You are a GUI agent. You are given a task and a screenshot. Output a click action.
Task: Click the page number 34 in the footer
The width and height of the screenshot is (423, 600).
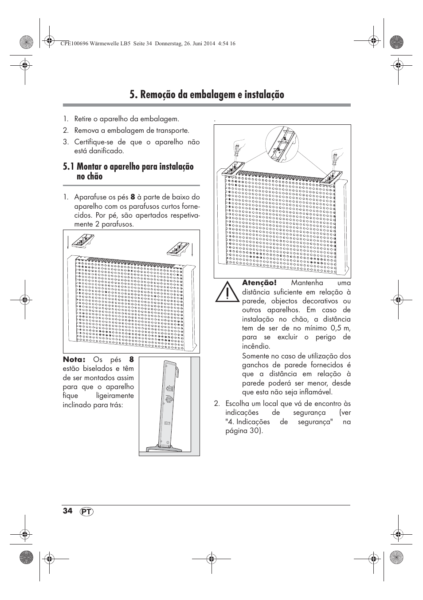tap(67, 511)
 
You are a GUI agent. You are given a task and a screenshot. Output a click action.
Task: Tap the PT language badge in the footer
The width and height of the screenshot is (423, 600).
tap(88, 512)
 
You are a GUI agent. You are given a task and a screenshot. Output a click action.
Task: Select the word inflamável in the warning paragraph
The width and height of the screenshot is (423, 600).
tap(316, 392)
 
